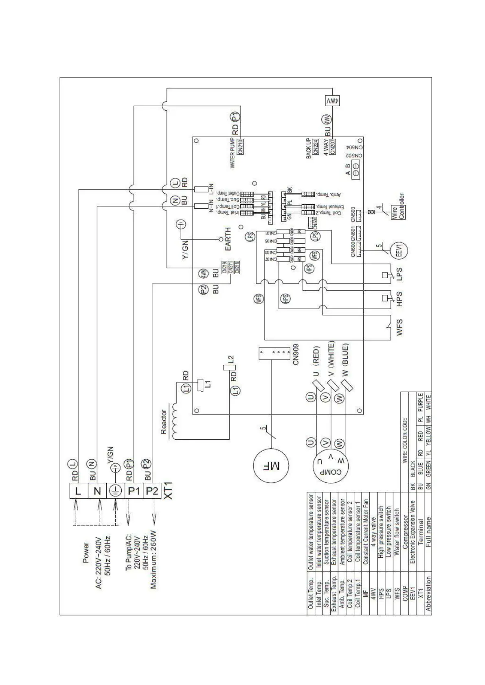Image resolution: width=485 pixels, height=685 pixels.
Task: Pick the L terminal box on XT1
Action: coord(79,491)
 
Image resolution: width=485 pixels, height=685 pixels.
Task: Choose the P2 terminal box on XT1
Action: coord(152,491)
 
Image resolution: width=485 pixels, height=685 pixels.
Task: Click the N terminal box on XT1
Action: coord(97,491)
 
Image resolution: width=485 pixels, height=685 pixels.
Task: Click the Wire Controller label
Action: coord(398,207)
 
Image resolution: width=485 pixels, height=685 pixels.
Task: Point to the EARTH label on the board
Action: coord(228,239)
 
